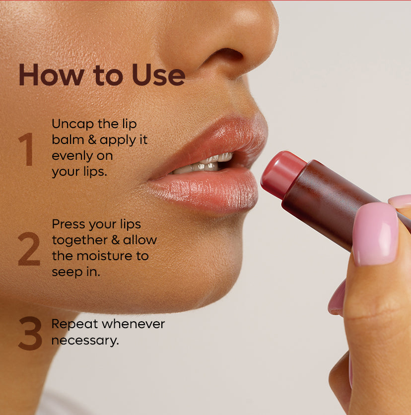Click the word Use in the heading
click(x=158, y=75)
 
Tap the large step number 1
click(x=27, y=149)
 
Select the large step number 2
click(x=29, y=249)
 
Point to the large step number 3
click(x=30, y=333)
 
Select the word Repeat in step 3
click(x=74, y=325)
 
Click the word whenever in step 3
click(x=134, y=324)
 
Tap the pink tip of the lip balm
click(x=282, y=173)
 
